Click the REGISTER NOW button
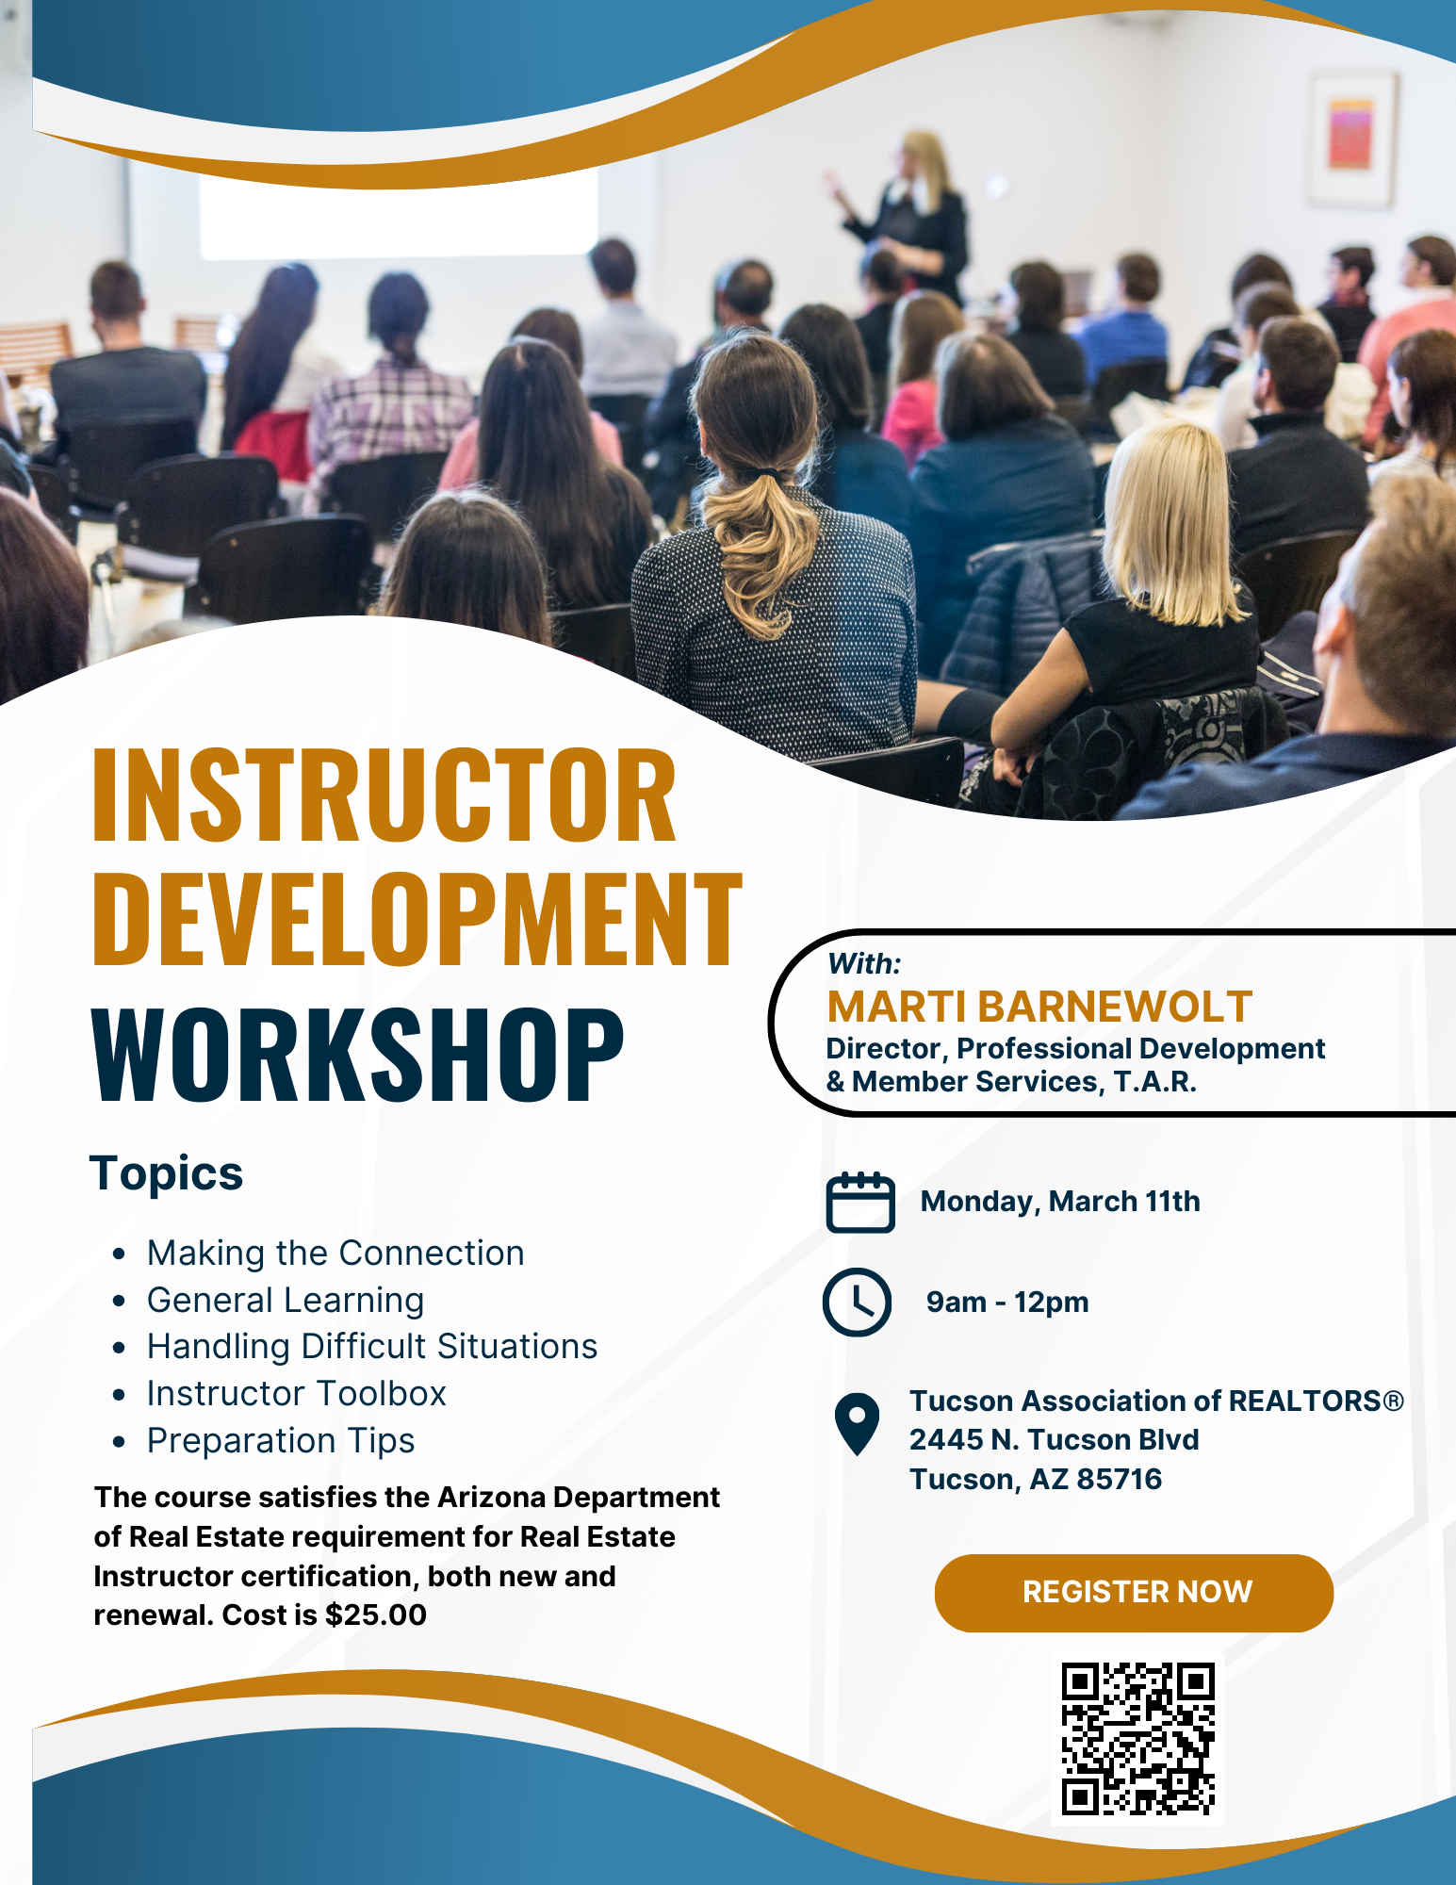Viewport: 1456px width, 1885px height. (1134, 1593)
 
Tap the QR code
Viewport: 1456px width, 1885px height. (1138, 1739)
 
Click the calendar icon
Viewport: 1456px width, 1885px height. (860, 1202)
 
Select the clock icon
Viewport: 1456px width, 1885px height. (857, 1303)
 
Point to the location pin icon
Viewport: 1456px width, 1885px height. (857, 1424)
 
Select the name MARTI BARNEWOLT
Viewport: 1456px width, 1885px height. (1039, 1007)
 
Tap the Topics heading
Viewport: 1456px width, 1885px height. (167, 1174)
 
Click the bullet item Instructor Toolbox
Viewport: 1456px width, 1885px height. (297, 1393)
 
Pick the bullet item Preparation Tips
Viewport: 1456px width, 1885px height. (281, 1441)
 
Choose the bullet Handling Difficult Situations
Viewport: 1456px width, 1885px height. (372, 1347)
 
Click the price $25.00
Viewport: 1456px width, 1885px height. (376, 1615)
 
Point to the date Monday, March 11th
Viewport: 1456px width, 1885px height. (1060, 1202)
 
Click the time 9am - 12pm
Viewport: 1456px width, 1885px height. (1007, 1303)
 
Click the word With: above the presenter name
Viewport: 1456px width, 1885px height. (864, 964)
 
